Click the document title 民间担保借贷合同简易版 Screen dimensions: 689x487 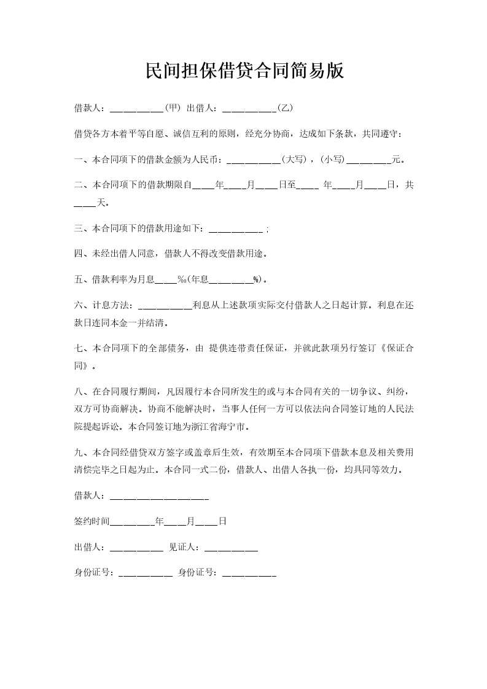coord(244,72)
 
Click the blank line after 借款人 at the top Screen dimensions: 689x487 coord(136,109)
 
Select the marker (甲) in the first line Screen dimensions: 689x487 coord(173,108)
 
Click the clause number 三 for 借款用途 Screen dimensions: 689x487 coord(78,228)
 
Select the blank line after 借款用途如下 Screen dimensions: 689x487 coord(236,229)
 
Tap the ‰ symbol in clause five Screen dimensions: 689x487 coord(182,280)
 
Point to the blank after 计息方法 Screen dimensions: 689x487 coord(165,306)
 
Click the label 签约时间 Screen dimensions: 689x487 coord(92,521)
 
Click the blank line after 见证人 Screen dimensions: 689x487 coord(231,548)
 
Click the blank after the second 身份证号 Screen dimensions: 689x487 coord(249,574)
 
